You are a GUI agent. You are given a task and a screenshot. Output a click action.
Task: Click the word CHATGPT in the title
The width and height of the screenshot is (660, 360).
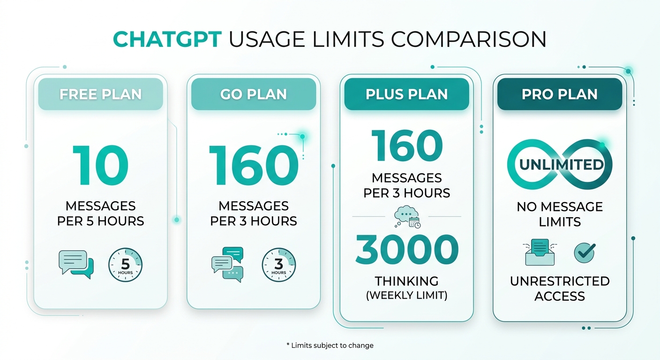pos(167,39)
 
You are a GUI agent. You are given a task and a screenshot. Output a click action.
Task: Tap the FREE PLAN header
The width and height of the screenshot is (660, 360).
pos(100,94)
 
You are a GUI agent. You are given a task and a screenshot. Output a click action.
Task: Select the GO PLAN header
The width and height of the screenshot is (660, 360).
pos(254,94)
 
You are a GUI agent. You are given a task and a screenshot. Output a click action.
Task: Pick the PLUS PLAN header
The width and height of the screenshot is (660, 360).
pos(406,94)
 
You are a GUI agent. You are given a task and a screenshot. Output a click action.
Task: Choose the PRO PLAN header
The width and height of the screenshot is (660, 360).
pos(560,94)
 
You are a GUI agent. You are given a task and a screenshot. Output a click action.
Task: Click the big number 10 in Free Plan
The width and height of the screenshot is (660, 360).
pos(100,165)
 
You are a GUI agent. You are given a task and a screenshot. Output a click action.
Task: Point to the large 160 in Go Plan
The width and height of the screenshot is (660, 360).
pos(254,165)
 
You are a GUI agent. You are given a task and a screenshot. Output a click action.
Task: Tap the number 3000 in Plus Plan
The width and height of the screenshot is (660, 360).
pos(406,249)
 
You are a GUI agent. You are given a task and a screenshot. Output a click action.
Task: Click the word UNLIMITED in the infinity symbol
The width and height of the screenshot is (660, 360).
pos(561,165)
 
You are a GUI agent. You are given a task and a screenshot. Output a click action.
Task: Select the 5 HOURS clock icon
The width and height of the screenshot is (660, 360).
pos(125,264)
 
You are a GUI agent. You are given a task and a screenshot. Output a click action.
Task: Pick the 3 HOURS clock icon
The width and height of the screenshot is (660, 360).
pos(279,264)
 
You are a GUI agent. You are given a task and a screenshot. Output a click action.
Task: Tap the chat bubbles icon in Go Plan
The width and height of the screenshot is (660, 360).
pos(227,264)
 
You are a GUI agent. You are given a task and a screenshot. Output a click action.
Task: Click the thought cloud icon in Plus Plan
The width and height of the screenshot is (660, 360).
pos(407,217)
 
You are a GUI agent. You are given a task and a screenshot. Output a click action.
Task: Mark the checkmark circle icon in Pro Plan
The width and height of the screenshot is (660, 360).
pos(585,253)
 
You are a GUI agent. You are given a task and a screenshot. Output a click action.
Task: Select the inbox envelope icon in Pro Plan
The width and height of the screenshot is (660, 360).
pos(540,252)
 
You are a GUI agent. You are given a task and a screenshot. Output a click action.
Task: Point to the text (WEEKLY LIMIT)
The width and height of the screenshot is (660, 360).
pos(406,295)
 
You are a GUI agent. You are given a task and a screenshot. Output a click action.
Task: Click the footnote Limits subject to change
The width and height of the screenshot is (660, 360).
pos(330,345)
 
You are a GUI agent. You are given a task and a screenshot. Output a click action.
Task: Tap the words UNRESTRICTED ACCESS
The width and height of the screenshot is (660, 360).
pos(560,289)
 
